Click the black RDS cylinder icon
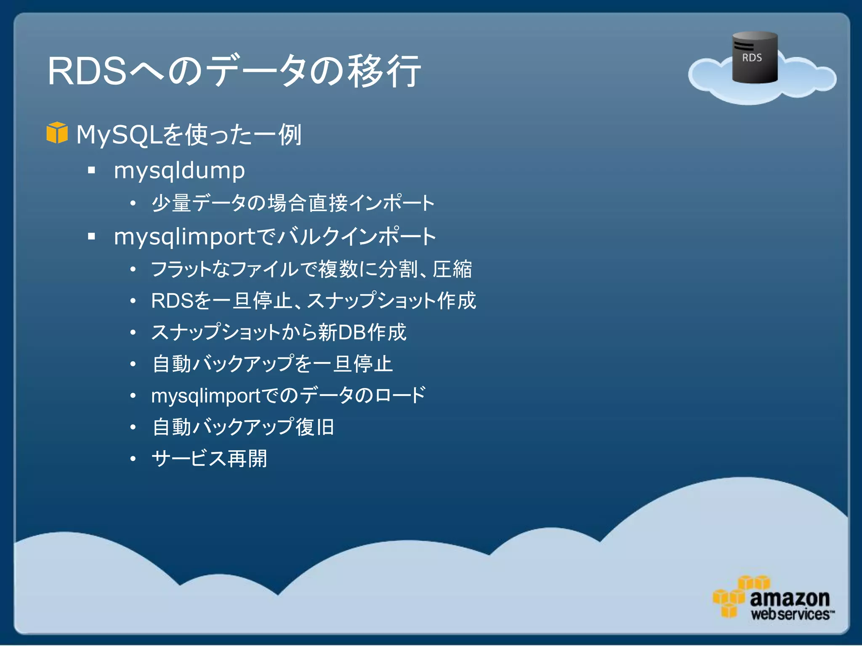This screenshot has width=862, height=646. [x=755, y=58]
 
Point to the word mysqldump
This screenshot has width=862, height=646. [x=179, y=171]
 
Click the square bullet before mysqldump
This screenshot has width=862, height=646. [x=91, y=170]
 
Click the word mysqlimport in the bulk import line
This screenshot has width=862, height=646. [x=184, y=237]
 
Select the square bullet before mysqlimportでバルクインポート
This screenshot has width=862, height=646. [x=91, y=236]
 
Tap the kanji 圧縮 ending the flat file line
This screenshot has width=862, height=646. [x=452, y=269]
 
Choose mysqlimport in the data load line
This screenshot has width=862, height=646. [x=206, y=396]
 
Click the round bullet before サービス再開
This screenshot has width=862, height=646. [x=133, y=459]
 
